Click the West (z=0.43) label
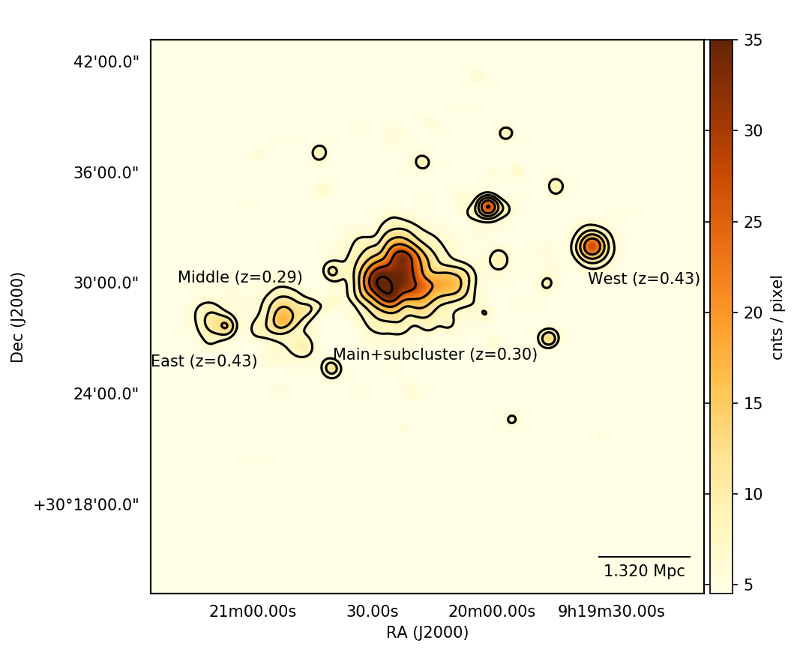click(643, 280)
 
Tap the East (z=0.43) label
click(204, 361)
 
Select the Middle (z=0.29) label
click(240, 277)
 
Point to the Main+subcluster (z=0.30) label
click(435, 354)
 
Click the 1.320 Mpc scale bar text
click(644, 571)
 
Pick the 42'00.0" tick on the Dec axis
click(106, 61)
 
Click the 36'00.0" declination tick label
click(106, 172)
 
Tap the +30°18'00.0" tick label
click(86, 504)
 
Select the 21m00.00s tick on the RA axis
click(253, 612)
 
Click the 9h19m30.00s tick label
click(611, 612)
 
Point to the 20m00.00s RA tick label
click(493, 612)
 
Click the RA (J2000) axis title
click(427, 633)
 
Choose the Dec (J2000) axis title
click(18, 317)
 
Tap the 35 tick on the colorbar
click(753, 40)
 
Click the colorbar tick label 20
click(753, 313)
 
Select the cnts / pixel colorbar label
click(778, 317)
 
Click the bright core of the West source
click(592, 246)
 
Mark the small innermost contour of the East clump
click(224, 325)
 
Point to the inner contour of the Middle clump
click(283, 317)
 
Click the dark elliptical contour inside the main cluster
click(384, 285)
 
